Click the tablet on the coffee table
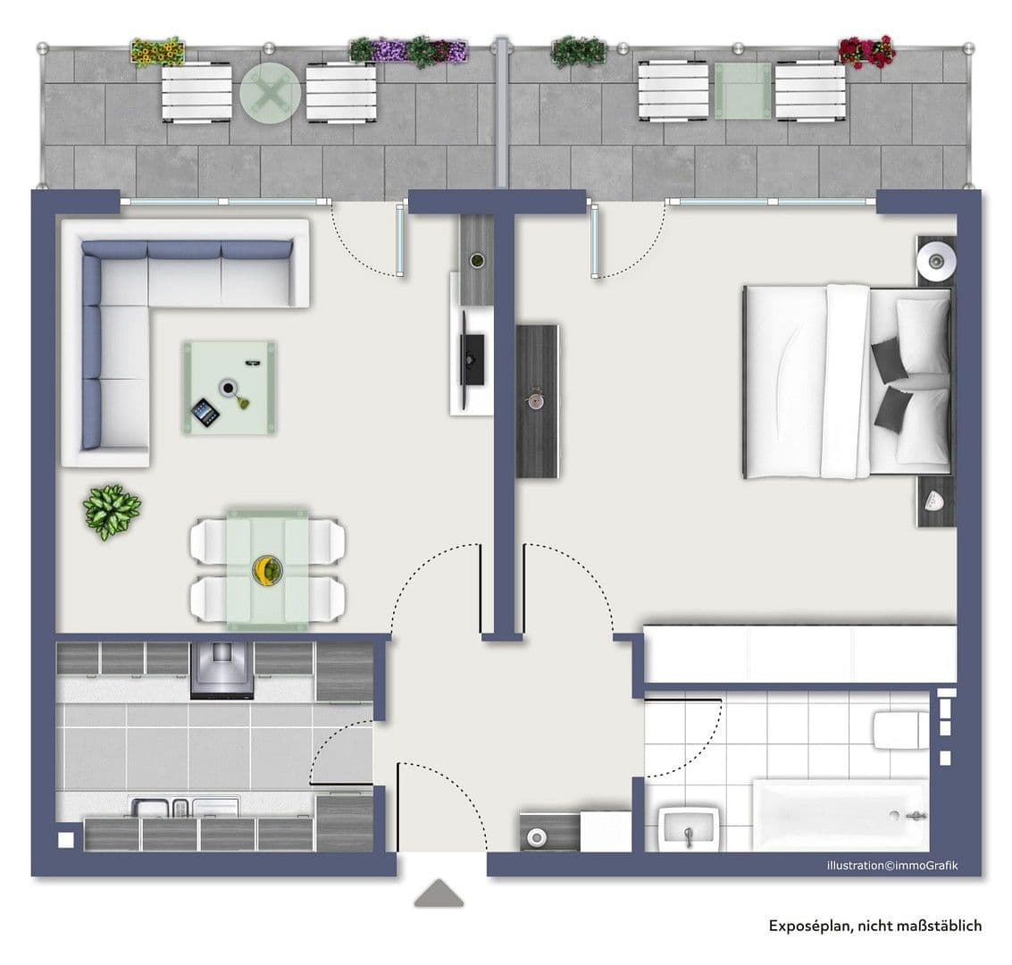tap(204, 412)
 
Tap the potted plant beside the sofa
tap(112, 511)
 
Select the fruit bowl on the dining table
tap(266, 569)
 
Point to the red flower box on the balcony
tap(866, 52)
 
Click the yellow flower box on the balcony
tap(157, 52)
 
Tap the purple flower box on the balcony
tap(409, 51)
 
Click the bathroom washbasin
tap(689, 829)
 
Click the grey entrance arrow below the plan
tap(439, 894)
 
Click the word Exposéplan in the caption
tap(809, 926)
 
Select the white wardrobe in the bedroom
tap(799, 655)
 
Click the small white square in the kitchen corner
tap(65, 840)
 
